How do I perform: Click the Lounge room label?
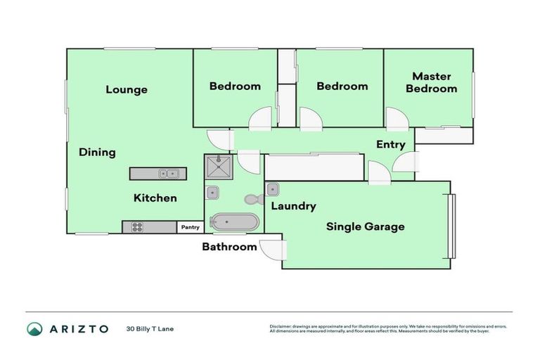tap(127, 89)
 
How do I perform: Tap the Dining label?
tap(97, 152)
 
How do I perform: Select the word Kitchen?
tap(155, 198)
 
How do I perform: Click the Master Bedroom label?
tap(431, 82)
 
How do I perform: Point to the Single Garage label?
tap(365, 226)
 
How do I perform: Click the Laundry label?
tap(293, 206)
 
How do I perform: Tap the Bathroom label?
tap(229, 247)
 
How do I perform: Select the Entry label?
tap(390, 145)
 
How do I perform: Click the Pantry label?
tap(190, 227)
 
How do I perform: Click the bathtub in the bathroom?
tap(235, 223)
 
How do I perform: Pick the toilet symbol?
tap(252, 199)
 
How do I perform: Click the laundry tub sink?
tap(274, 188)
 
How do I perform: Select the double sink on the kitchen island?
tap(168, 174)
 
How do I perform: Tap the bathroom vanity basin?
tap(213, 192)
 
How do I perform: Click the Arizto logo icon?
tap(34, 328)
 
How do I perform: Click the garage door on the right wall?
tap(452, 225)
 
